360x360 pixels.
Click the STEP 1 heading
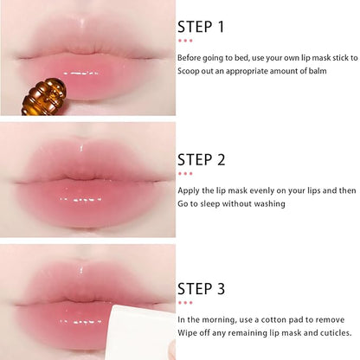tap(201, 27)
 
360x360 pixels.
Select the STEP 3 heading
tap(201, 289)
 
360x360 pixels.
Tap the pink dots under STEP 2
tap(184, 173)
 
